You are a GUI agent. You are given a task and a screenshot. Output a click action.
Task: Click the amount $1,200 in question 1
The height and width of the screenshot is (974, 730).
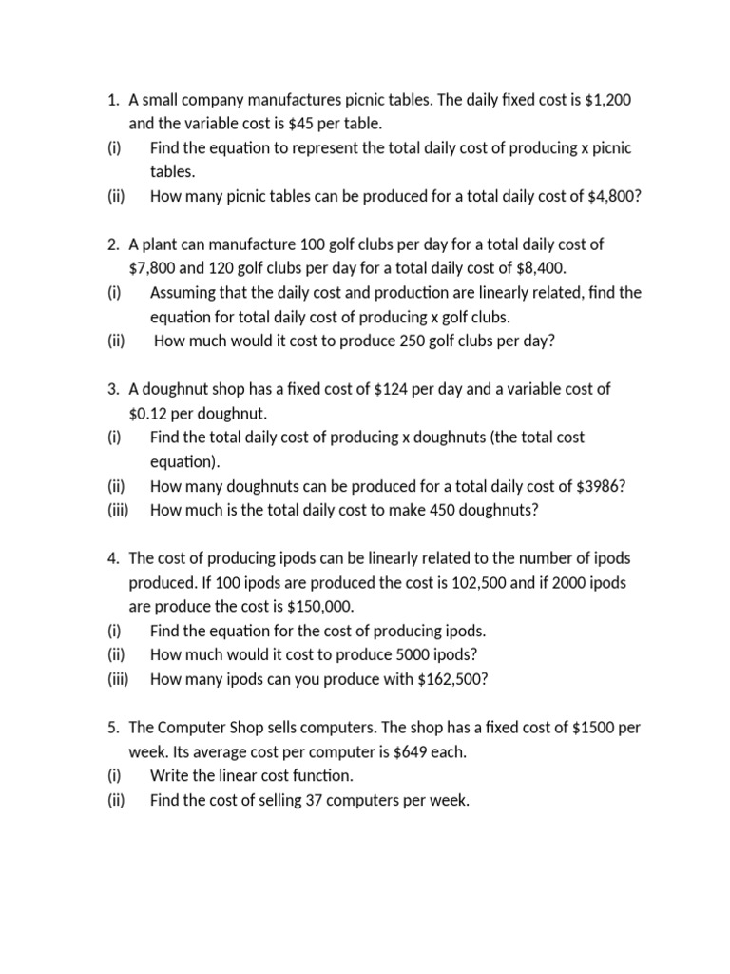tap(605, 100)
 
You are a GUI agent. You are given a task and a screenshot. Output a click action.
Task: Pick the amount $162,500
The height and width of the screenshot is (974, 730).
tap(451, 679)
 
